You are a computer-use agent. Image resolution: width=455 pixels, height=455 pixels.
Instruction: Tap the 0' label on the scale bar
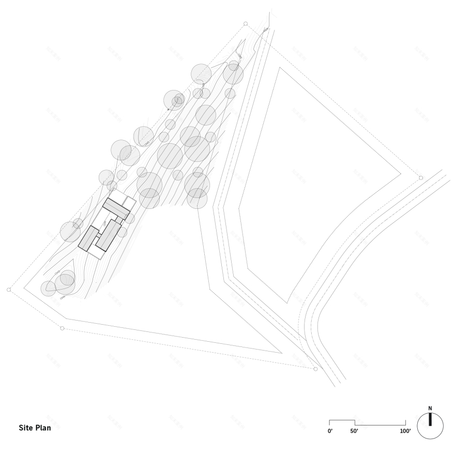330,431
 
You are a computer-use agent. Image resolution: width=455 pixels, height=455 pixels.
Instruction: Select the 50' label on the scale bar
354,431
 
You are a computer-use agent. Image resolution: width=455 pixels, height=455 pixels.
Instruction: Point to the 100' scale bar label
405,431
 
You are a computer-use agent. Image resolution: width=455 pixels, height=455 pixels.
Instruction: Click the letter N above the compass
430,408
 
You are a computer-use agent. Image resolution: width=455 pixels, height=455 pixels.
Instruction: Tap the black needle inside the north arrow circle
430,419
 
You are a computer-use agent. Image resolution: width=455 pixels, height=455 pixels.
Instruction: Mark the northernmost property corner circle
246,24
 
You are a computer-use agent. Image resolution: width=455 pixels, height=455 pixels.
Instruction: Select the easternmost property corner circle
421,178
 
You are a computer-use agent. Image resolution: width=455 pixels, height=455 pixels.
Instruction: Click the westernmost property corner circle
9,290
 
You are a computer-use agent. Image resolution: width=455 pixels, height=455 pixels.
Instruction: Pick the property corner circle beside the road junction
315,369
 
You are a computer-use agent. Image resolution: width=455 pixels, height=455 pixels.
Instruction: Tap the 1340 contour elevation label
63,297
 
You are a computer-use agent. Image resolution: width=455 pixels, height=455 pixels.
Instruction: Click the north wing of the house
116,210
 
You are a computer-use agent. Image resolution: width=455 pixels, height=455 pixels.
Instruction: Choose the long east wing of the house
109,235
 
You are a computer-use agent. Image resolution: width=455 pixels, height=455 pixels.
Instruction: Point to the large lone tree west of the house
70,232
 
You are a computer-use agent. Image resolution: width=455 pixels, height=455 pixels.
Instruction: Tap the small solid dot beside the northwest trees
168,110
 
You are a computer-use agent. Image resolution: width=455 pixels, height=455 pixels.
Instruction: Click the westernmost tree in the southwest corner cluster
48,289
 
